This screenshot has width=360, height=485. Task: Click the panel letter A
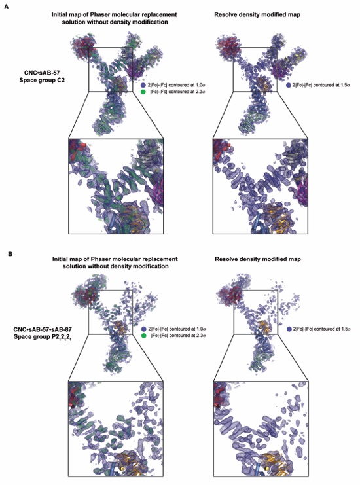click(6, 7)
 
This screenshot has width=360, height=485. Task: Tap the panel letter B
click(10, 254)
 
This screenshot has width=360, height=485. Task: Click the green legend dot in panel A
click(143, 92)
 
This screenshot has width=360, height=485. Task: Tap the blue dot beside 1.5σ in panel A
click(289, 85)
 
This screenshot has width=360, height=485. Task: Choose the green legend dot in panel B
click(143, 336)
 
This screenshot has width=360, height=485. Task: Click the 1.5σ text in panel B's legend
click(346, 329)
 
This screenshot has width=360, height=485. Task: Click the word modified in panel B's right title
click(274, 259)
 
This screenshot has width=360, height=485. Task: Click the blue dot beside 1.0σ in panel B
click(143, 329)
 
